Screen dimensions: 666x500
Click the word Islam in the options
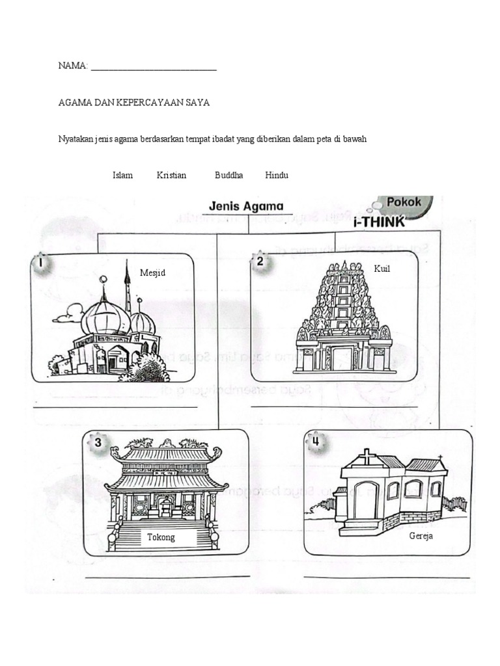[122, 175]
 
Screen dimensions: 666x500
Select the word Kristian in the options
[171, 175]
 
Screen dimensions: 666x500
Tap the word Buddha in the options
[229, 175]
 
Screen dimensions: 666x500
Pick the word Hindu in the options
[277, 175]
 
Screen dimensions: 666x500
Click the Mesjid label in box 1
[152, 273]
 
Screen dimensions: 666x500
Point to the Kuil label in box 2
[382, 269]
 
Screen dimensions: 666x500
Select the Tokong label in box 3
[161, 537]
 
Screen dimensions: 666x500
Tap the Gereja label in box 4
[421, 536]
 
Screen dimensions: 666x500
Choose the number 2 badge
[260, 262]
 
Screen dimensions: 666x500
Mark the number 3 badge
[97, 443]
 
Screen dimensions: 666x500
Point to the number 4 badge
[315, 442]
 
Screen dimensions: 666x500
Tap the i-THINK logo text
[378, 222]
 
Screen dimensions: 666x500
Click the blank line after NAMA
[154, 68]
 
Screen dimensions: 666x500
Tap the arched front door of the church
[366, 500]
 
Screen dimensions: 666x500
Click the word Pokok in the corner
[404, 202]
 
